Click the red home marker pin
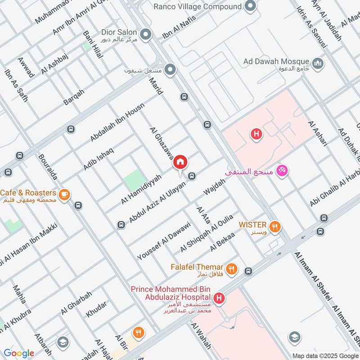tap(180, 162)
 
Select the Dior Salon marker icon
tap(145, 34)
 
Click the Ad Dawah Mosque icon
tap(318, 63)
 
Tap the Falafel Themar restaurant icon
tap(231, 269)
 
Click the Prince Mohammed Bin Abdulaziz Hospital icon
tap(219, 297)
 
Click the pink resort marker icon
tap(283, 171)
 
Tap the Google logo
tap(18, 353)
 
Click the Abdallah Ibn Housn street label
tap(117, 122)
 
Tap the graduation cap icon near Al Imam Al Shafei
tap(294, 337)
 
